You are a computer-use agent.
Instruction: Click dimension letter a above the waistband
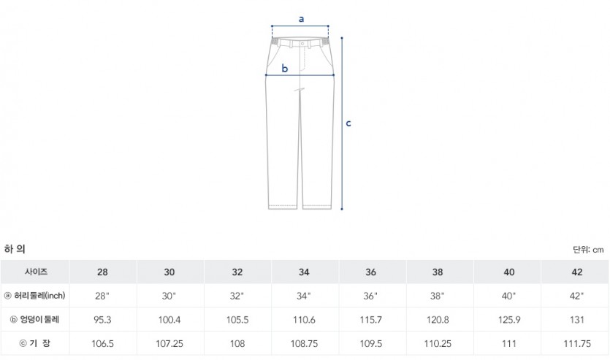[301, 19]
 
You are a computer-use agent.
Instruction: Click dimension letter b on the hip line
[285, 69]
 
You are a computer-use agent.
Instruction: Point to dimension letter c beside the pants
[348, 123]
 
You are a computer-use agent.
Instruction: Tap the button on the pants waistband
[302, 44]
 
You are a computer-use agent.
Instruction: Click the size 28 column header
[103, 272]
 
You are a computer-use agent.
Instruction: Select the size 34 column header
[304, 272]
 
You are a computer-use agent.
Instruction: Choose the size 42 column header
[577, 272]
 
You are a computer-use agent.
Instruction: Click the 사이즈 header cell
[37, 272]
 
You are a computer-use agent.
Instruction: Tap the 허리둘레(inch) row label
[35, 296]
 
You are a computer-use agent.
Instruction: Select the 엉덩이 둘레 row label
[35, 320]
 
